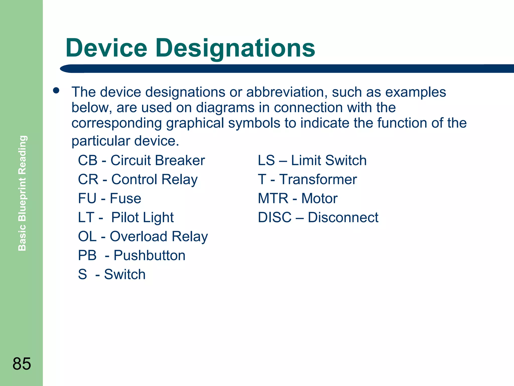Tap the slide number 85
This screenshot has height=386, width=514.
(22, 364)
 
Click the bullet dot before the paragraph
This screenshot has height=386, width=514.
(56, 91)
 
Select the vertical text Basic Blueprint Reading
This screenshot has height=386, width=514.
(22, 193)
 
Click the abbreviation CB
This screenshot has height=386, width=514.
(88, 160)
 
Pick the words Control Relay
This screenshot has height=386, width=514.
(154, 180)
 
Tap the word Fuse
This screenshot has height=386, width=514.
(125, 199)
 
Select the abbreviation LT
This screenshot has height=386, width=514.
(86, 217)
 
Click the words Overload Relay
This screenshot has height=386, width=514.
(159, 237)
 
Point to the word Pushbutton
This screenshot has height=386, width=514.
(149, 256)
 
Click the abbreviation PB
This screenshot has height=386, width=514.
(87, 256)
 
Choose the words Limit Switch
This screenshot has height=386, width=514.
(329, 160)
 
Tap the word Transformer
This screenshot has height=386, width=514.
(318, 179)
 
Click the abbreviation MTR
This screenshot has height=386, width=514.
(273, 199)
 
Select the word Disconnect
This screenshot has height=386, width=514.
(343, 217)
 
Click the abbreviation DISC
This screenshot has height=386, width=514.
(275, 217)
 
